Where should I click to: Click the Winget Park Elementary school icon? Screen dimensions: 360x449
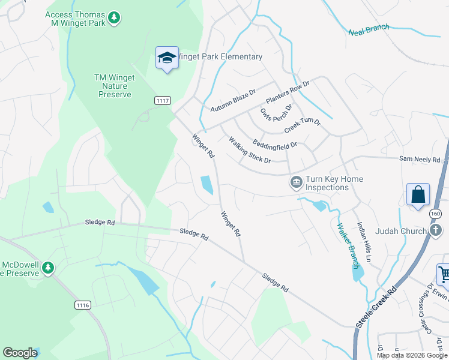(x=167, y=58)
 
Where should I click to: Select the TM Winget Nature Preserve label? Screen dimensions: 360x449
(x=115, y=86)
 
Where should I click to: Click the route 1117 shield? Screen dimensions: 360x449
(x=162, y=100)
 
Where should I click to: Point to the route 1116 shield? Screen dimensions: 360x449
(x=83, y=305)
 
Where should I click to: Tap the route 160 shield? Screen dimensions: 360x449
(x=436, y=214)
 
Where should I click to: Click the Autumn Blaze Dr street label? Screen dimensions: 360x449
(x=233, y=101)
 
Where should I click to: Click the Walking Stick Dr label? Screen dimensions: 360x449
(x=250, y=150)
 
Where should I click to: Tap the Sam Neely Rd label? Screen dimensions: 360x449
(x=420, y=160)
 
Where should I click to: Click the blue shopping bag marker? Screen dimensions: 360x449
(x=418, y=195)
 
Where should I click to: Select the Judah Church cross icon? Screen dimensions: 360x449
(x=436, y=230)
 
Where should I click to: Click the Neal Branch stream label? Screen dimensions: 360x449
(x=369, y=29)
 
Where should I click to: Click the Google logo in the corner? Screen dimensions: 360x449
(x=20, y=353)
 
